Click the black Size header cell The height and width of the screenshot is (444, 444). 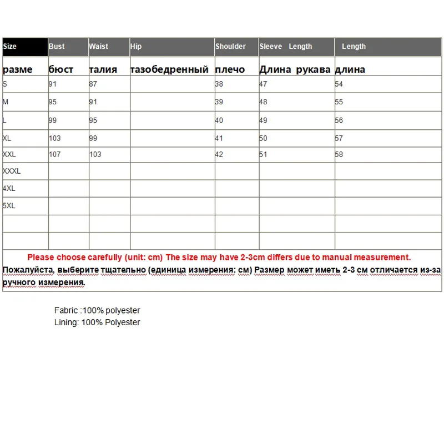25,47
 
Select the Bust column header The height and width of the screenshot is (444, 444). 57,47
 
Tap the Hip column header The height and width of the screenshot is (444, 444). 136,47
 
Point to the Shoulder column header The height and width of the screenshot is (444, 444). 230,47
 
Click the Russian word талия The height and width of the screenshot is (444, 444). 103,69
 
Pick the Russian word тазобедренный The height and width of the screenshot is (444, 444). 169,69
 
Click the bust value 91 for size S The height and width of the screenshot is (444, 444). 53,84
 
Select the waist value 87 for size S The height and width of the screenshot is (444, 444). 93,84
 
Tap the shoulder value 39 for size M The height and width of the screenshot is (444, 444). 219,102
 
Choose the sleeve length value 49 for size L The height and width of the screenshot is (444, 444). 263,120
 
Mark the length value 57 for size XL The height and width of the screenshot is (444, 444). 339,138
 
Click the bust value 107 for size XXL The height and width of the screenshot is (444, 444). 54,154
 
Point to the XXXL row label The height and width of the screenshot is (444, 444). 12,171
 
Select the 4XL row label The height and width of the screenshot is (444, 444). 9,189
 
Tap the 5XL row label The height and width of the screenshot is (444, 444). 9,206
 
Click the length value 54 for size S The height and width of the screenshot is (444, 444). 339,84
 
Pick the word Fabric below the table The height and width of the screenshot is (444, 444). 66,311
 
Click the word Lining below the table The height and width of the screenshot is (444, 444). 66,322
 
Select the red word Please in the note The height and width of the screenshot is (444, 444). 41,258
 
